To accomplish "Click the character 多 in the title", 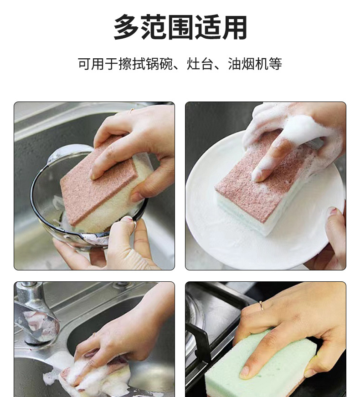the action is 126,27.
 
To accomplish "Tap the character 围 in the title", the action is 180,27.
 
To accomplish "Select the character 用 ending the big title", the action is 234,27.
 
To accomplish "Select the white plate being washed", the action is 263,203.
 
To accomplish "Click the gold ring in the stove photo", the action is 261,305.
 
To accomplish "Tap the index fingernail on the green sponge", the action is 244,372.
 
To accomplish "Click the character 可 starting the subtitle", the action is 84,64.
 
